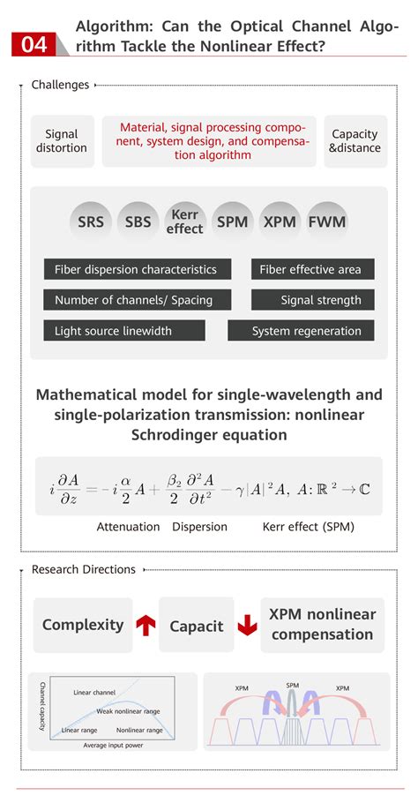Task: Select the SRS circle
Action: (91, 221)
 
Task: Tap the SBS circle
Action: (138, 221)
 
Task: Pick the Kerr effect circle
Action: (185, 221)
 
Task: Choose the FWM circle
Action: (327, 221)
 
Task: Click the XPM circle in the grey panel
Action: (280, 221)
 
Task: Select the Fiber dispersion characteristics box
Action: (135, 269)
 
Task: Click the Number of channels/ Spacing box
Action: (133, 300)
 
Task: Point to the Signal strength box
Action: (313, 300)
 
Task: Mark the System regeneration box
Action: (301, 331)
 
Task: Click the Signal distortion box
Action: (62, 141)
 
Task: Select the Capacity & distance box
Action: (355, 141)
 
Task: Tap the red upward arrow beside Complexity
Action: (146, 625)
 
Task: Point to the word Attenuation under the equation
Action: (128, 527)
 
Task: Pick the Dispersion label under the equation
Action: (199, 527)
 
